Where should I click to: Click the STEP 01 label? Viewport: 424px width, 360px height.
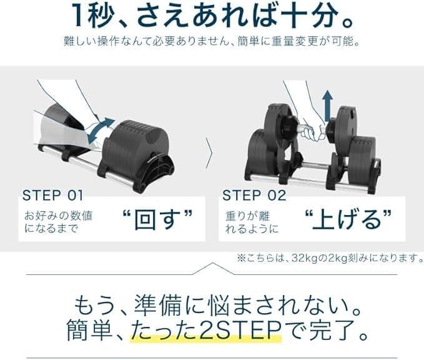pyautogui.click(x=52, y=195)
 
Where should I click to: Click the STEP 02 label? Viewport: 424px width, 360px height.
pyautogui.click(x=254, y=195)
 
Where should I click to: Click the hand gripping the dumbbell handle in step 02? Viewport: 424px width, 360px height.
pyautogui.click(x=312, y=128)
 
